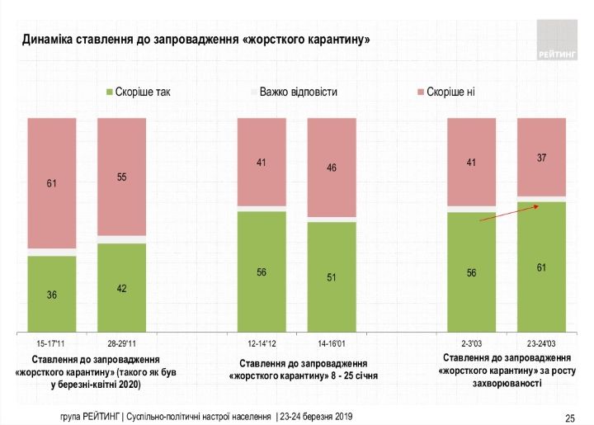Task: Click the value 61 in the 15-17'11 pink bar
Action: pos(51,183)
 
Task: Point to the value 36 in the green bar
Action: pos(51,295)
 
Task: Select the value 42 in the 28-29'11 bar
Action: pos(121,288)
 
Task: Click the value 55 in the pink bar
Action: pos(121,177)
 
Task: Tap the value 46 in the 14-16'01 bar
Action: pos(332,168)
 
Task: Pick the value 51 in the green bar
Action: pos(332,277)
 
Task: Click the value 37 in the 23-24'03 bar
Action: pos(541,157)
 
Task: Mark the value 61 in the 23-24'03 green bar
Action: pos(541,267)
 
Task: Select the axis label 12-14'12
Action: pos(262,342)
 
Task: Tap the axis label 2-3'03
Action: pos(471,342)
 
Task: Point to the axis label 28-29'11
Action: pos(121,342)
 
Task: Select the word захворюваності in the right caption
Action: pos(507,384)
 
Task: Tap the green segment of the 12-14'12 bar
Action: pos(262,272)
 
